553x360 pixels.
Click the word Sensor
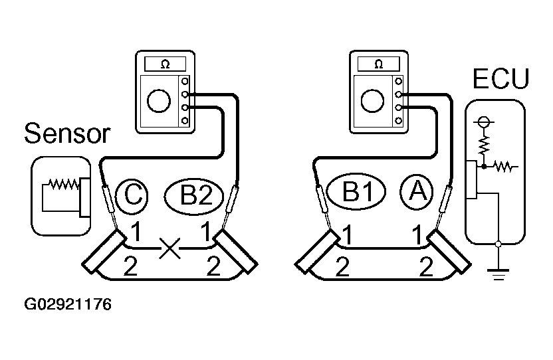(x=67, y=134)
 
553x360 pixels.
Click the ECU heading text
(x=500, y=78)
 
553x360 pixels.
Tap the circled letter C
(x=132, y=196)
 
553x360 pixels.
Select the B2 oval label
(x=194, y=196)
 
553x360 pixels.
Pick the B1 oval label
(x=356, y=192)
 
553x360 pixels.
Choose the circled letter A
(x=417, y=192)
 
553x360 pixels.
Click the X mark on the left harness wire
(x=169, y=248)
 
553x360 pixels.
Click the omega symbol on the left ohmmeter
(x=165, y=64)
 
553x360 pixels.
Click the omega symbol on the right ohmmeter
(x=378, y=64)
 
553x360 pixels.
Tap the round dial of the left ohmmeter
(x=159, y=101)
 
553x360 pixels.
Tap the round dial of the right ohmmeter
(x=372, y=101)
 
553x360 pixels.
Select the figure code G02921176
(x=68, y=304)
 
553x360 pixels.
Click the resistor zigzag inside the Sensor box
(x=64, y=184)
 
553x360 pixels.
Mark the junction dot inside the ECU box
(x=485, y=166)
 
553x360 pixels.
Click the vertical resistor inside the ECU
(x=484, y=145)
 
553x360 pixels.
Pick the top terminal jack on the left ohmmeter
(x=185, y=82)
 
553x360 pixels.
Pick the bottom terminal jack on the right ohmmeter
(x=399, y=121)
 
